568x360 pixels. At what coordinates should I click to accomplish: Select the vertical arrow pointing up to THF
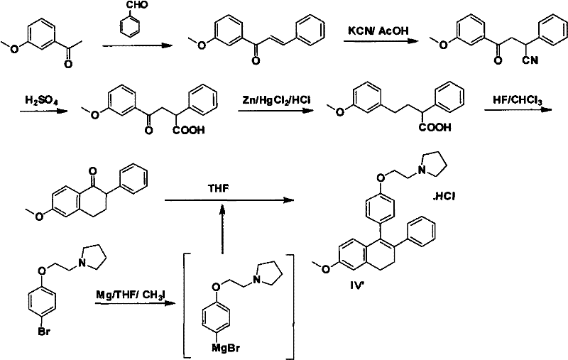222,226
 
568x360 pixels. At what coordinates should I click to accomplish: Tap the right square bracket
290,303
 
